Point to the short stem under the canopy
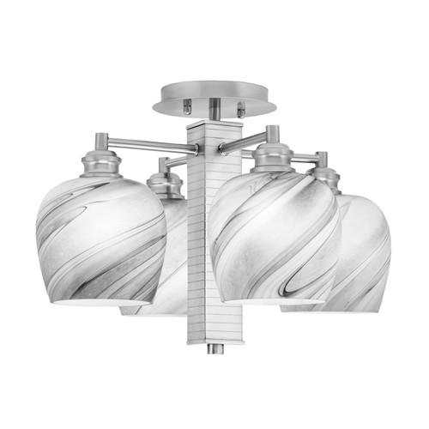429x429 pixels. tap(214, 111)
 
